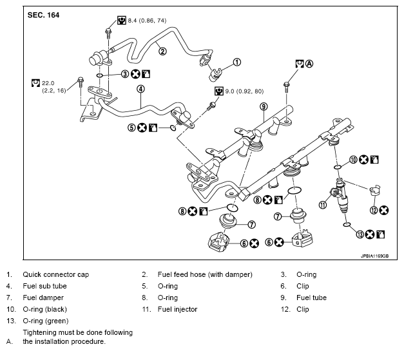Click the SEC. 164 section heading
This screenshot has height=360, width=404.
pos(43,15)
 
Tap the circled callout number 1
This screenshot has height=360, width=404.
pos(236,62)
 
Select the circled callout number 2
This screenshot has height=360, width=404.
pos(162,52)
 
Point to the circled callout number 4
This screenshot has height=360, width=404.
pos(140,89)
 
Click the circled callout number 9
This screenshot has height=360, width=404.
pos(264,106)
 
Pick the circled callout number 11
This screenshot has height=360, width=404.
pos(323,205)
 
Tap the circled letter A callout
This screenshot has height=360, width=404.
pos(309,64)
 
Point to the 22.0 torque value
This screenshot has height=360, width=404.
pos(48,83)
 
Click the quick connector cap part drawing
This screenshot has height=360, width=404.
pos(216,75)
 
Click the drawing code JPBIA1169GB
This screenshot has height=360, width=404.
pos(374,256)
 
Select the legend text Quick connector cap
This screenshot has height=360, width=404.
pos(55,274)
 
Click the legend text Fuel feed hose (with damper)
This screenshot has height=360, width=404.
pos(205,274)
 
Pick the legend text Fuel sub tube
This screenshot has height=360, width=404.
pos(44,286)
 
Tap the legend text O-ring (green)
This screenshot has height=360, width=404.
pos(46,321)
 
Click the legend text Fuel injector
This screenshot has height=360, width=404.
pos(177,309)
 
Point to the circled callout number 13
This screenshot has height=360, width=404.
pos(360,234)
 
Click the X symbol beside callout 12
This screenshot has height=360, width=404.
pos(384,210)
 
